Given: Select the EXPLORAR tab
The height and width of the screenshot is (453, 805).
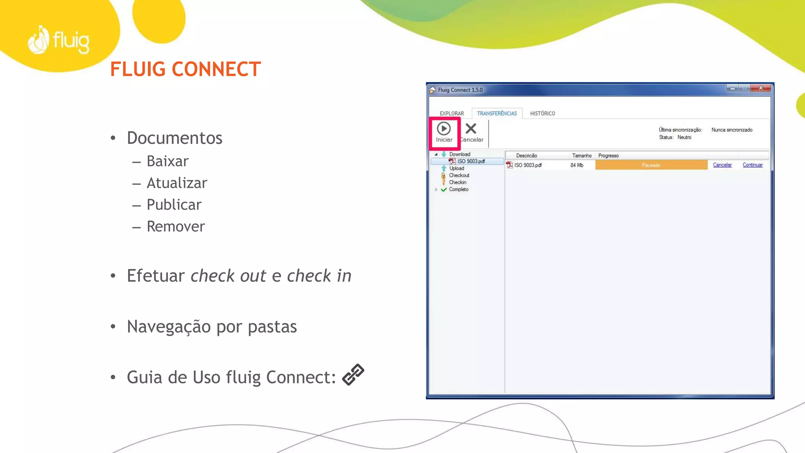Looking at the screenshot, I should (452, 114).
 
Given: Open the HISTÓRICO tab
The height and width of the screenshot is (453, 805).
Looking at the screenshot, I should (542, 114).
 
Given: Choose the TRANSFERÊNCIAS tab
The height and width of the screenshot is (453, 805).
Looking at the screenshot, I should (497, 114).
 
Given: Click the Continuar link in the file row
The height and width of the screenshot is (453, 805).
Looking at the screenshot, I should (752, 165).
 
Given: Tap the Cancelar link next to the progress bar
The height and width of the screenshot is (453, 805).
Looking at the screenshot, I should (722, 165).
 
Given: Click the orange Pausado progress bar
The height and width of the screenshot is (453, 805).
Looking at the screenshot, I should (651, 165).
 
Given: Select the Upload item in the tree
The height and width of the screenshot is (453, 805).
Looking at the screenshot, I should (456, 168).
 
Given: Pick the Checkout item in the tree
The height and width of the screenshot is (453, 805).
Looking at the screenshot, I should (459, 175).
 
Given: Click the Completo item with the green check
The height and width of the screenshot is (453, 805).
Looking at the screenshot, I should (458, 190).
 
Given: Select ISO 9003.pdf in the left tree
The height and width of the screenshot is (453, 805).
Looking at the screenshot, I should (471, 161).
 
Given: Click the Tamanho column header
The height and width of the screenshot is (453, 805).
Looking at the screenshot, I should (581, 156).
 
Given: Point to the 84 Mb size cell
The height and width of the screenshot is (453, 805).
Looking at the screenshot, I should (577, 165).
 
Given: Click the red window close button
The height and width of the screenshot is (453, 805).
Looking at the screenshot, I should (761, 88).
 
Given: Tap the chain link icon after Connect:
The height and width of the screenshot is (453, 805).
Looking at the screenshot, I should (353, 374).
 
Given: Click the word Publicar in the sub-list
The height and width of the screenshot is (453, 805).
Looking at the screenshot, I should (174, 205).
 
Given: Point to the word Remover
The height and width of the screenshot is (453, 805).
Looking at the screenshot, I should (176, 226).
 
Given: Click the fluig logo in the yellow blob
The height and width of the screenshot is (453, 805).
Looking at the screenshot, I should (59, 41).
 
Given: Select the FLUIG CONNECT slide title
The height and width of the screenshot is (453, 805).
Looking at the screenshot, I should (185, 69).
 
